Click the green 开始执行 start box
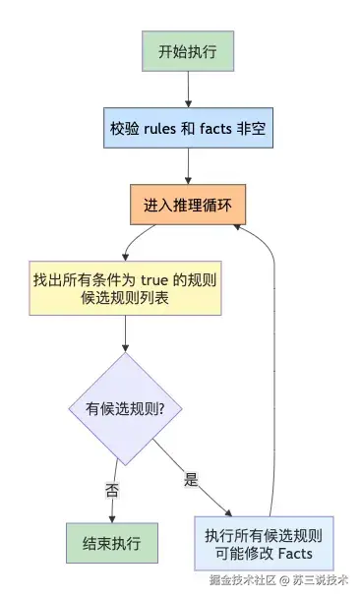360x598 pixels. point(188,51)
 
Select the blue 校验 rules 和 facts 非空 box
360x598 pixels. point(189,128)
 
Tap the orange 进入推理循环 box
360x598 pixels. point(188,205)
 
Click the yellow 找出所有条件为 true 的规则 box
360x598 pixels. point(125,288)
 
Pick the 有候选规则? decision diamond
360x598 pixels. point(125,409)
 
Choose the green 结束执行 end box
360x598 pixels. point(112,543)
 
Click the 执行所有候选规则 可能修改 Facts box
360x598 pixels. point(264,544)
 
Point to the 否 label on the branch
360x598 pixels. point(112,490)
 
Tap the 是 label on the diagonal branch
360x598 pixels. point(191,479)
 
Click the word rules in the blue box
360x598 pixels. point(159,129)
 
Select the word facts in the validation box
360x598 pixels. point(215,129)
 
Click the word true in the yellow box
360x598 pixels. point(154,280)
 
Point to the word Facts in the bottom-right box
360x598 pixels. point(295,553)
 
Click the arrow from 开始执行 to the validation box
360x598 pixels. point(188,90)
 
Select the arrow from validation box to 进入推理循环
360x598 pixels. point(188,166)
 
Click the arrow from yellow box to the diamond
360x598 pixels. point(125,333)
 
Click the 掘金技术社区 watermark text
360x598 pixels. point(243,580)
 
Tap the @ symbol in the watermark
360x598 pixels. point(284,580)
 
